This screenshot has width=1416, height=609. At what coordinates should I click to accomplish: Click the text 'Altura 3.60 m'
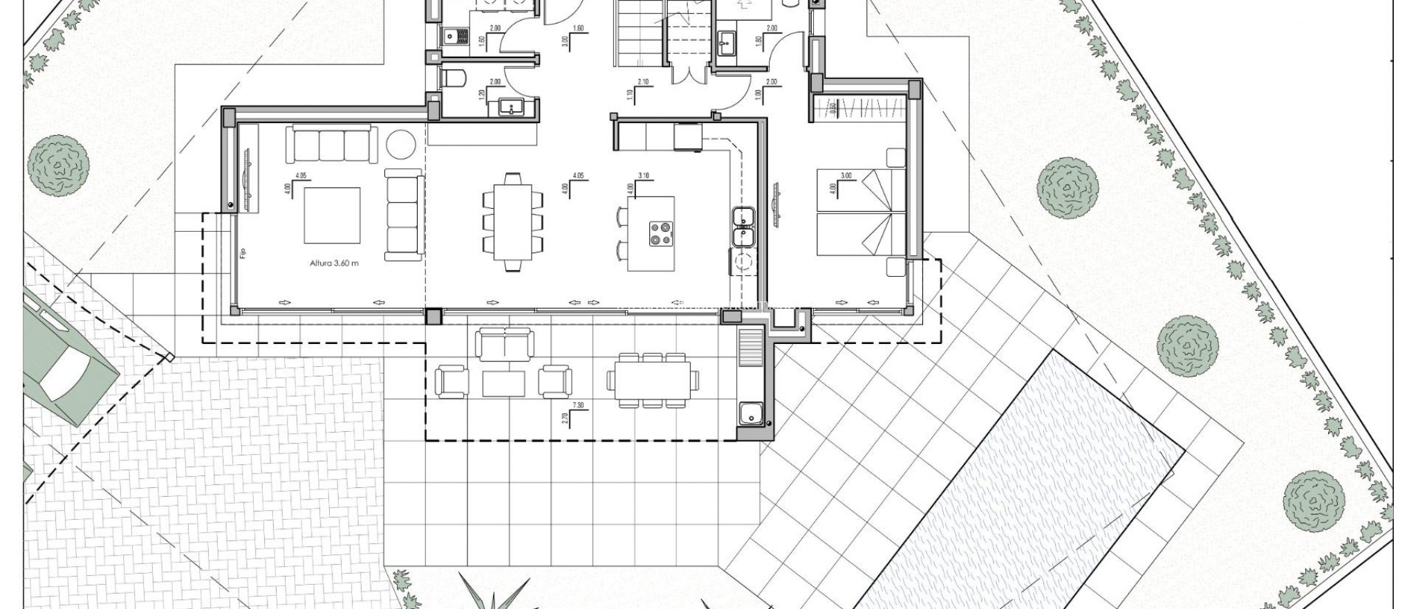click(334, 263)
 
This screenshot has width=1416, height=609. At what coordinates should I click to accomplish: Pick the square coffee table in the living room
click(332, 215)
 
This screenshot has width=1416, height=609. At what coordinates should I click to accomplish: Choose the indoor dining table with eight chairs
click(512, 222)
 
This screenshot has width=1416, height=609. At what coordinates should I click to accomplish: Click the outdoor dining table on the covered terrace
click(653, 380)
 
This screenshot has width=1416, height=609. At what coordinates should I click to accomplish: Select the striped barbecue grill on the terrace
click(749, 347)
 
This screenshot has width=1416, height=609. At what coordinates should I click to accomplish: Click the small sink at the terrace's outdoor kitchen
click(749, 415)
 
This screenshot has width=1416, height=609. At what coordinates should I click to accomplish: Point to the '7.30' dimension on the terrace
click(578, 406)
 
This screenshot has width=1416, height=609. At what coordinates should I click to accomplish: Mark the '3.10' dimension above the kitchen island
click(644, 176)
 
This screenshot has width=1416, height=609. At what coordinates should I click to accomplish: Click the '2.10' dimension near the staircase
click(643, 82)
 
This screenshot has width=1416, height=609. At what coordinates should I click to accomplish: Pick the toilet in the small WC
click(453, 80)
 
